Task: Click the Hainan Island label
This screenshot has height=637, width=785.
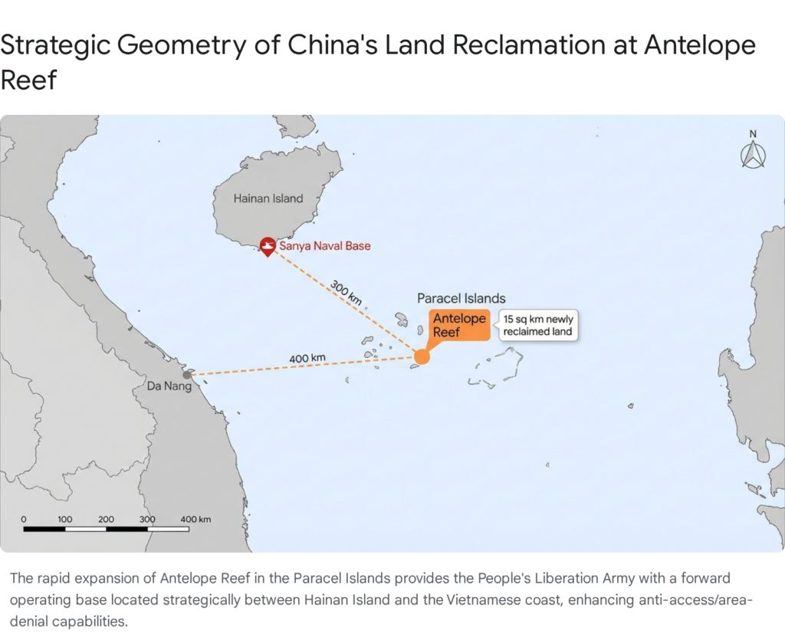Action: [268, 199]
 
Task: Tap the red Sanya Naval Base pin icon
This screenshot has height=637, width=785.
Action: [268, 246]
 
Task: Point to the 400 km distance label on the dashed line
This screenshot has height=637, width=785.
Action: [307, 358]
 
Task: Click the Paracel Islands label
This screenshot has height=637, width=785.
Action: [461, 298]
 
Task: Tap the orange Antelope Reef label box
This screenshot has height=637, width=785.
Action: [459, 325]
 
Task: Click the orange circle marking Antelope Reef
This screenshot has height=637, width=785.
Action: [422, 356]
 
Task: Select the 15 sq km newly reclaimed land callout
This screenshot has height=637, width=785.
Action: [537, 325]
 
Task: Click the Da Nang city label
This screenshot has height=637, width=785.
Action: [169, 386]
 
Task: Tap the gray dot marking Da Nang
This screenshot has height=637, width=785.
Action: [186, 374]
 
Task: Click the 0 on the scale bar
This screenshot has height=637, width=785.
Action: [24, 519]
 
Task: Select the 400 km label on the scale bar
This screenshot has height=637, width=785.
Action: [195, 519]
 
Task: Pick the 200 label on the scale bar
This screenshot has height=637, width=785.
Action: [106, 519]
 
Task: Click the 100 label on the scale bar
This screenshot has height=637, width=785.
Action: [65, 519]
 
